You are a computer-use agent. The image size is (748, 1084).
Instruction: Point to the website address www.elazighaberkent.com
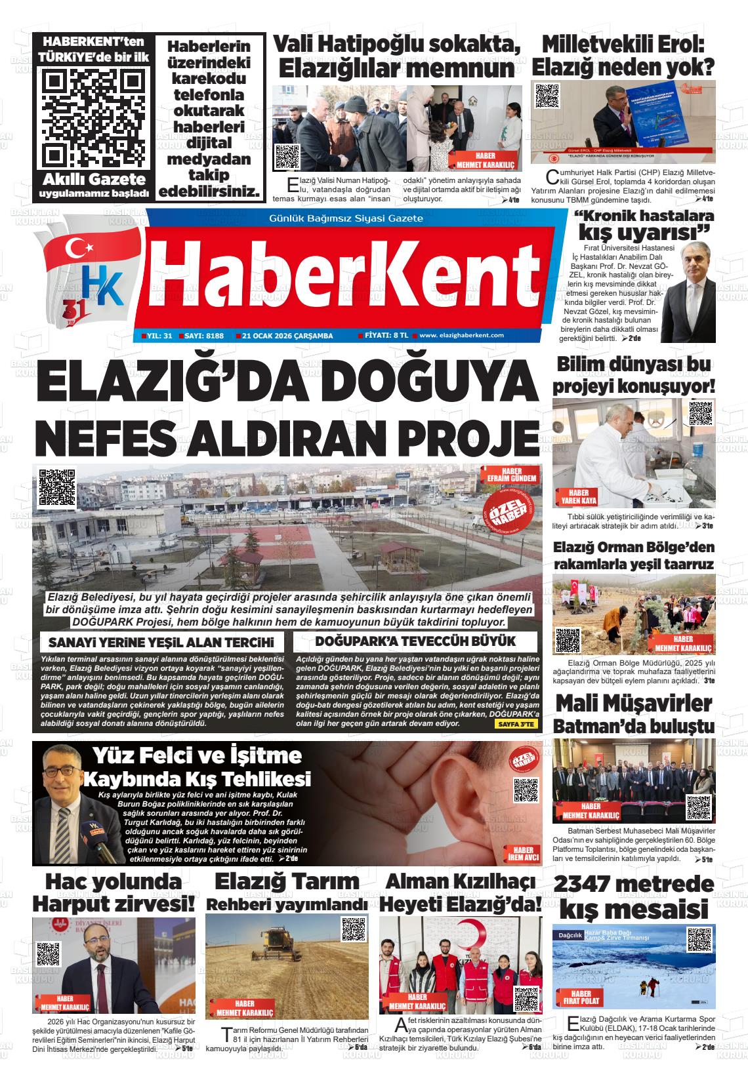coord(461,335)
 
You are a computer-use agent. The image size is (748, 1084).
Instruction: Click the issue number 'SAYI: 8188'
coord(204,336)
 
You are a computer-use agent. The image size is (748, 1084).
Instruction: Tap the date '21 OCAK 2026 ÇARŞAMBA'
coord(287,336)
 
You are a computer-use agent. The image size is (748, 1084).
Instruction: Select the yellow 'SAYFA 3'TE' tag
coord(516,724)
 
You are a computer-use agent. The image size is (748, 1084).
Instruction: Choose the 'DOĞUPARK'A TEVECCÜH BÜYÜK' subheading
coord(415,641)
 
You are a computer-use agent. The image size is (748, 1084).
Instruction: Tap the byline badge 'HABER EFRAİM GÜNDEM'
coord(509,475)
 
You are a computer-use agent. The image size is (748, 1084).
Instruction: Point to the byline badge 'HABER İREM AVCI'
coord(523,853)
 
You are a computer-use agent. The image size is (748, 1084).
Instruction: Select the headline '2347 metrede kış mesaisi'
coord(633,896)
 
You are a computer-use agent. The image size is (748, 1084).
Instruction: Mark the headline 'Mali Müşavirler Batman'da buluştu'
coord(633,713)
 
